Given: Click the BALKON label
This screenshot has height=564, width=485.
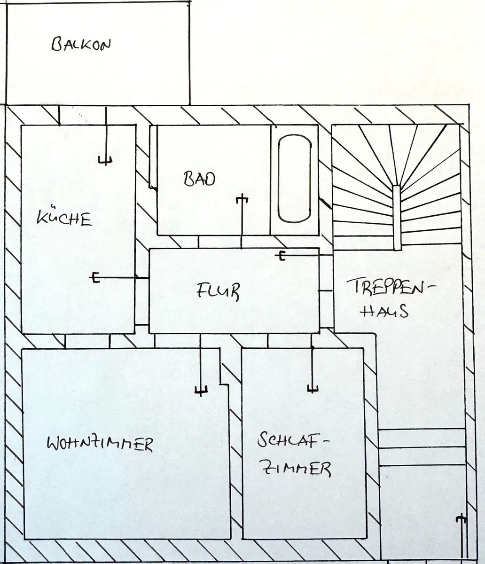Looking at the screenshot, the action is pos(81,45).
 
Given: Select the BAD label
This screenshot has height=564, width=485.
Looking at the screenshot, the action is pos(199,179).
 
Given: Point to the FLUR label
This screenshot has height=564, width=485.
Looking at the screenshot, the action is pos(218,291).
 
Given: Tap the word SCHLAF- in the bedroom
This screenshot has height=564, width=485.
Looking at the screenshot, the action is pos(294,439).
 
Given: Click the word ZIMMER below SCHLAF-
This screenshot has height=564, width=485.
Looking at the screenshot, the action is pos(297,468).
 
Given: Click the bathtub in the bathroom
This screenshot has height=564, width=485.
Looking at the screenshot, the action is pos(294,179).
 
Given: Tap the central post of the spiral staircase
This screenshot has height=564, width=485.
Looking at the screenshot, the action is pos(397,218).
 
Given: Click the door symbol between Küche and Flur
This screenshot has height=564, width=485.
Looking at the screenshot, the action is pos(118,277).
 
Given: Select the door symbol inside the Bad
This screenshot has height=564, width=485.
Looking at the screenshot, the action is pos(242,221).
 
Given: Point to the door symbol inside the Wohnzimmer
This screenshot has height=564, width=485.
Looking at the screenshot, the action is pos(201,365).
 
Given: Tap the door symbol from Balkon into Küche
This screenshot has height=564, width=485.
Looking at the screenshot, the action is pos(106,136).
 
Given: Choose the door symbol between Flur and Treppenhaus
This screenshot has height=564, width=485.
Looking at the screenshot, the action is pos(303,255).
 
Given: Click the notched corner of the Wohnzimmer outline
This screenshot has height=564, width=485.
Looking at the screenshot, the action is pos(220,384).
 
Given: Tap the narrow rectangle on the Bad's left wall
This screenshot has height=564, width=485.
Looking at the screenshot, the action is pos(153,157).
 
